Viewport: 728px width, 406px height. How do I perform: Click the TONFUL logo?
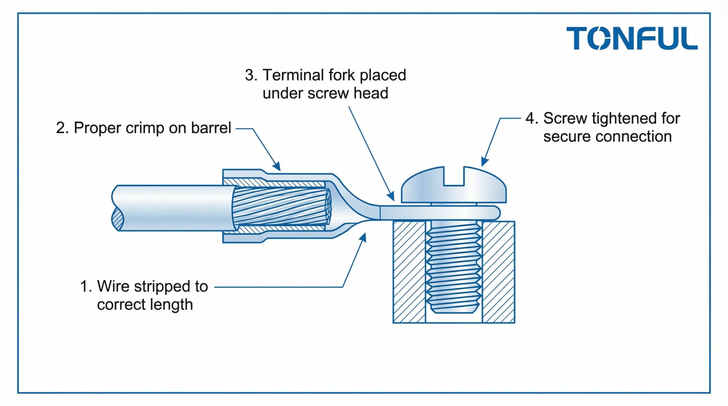click(x=632, y=38)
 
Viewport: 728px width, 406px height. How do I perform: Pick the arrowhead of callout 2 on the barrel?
click(x=277, y=167)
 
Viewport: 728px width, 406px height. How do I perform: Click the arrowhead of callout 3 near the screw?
click(x=392, y=197)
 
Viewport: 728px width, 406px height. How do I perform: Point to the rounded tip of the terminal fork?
click(x=496, y=213)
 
